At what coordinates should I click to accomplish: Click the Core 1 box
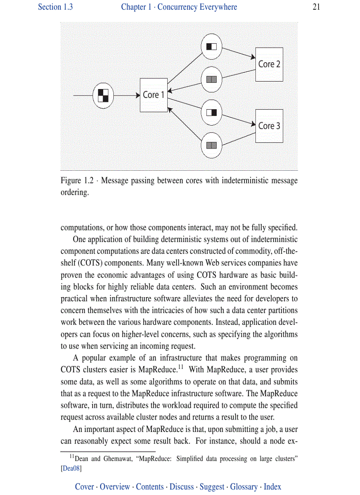click(154, 95)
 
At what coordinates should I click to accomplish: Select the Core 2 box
click(269, 64)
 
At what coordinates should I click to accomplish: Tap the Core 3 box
click(269, 126)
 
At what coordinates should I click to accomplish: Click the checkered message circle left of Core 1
click(103, 95)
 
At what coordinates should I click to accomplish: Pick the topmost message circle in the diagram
click(211, 46)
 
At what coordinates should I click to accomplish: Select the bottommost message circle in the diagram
click(211, 145)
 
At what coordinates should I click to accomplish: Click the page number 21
click(316, 7)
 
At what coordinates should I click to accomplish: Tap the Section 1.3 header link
click(55, 7)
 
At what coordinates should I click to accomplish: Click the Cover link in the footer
click(84, 487)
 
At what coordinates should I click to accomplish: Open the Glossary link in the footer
click(244, 487)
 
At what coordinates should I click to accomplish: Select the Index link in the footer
click(273, 487)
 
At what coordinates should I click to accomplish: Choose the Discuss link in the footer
click(182, 487)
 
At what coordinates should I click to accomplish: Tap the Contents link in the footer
click(150, 487)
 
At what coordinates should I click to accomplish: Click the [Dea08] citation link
click(71, 469)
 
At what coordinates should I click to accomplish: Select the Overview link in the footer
click(115, 487)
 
